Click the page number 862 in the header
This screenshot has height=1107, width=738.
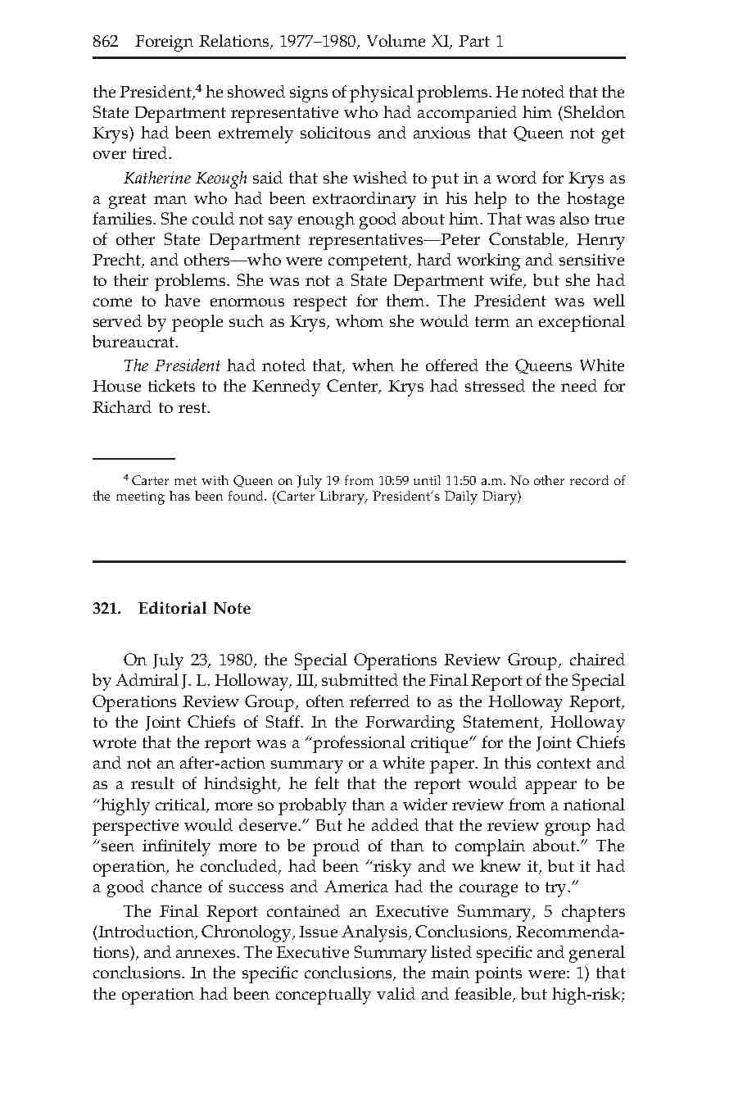tap(106, 42)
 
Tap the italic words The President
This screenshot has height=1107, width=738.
tap(171, 365)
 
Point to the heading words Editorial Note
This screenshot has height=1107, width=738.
tap(194, 608)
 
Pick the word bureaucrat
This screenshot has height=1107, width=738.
tap(134, 343)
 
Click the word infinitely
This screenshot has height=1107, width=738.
tap(174, 846)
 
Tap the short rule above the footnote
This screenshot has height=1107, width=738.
tap(134, 459)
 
